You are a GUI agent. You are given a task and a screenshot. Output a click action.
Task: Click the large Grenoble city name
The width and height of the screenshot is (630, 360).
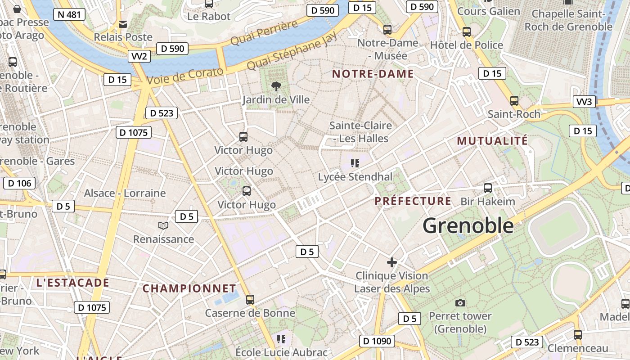click(x=468, y=225)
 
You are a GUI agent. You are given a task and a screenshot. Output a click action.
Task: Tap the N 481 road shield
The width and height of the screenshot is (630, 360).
click(x=69, y=14)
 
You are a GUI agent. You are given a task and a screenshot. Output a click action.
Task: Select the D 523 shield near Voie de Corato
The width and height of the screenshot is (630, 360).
click(x=162, y=113)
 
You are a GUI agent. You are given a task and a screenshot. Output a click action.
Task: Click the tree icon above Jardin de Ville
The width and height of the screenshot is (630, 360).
click(x=276, y=86)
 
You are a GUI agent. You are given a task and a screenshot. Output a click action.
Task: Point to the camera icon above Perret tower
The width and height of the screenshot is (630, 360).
click(x=460, y=303)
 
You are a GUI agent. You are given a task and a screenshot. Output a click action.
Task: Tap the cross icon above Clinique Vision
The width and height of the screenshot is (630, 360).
click(x=392, y=262)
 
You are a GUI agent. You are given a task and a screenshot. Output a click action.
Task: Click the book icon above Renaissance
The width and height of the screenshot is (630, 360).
click(x=163, y=225)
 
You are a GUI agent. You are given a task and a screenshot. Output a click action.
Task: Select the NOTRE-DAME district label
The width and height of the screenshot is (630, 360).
click(x=373, y=74)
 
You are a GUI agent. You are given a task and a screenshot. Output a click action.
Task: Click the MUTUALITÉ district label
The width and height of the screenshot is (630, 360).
click(x=492, y=141)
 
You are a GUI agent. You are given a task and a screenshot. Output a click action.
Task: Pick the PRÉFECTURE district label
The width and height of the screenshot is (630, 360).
click(x=413, y=201)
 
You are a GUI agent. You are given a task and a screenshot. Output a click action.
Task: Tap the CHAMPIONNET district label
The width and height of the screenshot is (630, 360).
click(x=189, y=288)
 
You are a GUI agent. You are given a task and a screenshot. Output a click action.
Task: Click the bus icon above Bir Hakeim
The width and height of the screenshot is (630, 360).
click(x=488, y=188)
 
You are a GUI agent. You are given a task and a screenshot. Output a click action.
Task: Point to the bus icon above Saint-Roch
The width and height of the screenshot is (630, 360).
click(x=514, y=101)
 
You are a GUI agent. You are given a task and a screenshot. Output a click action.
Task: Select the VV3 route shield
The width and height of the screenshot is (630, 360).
click(x=584, y=102)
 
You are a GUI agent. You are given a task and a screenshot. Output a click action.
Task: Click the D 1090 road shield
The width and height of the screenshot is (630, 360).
click(x=377, y=341)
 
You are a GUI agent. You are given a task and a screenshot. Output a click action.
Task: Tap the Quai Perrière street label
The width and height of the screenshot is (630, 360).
click(x=265, y=32)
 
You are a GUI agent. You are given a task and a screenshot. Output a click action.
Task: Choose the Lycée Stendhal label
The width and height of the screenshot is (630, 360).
click(x=355, y=177)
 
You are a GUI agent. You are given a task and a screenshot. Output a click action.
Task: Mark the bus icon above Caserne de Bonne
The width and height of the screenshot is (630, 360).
click(x=250, y=299)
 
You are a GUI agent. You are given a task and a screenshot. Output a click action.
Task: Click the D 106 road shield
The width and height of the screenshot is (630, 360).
click(x=19, y=183)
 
